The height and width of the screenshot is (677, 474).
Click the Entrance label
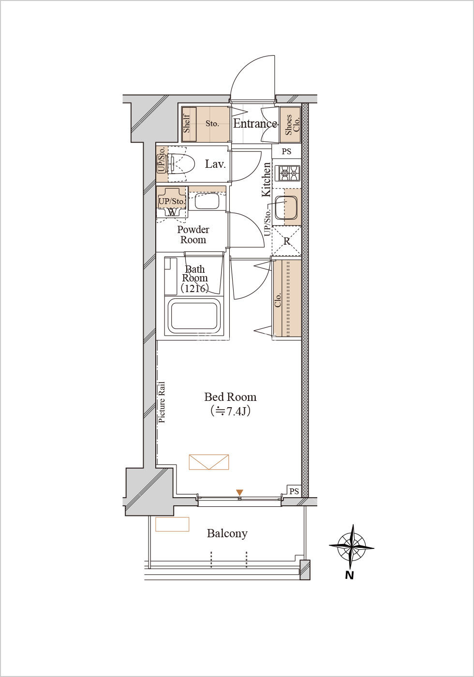pos(255,124)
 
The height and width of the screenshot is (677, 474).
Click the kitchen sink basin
pos(286,207)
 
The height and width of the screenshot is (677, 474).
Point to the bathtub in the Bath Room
pos(194,316)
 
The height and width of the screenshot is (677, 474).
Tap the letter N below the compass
pos(349,575)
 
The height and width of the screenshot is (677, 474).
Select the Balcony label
pos(227,533)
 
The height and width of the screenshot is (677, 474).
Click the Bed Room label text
pos(230,397)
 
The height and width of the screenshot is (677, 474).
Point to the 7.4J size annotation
pos(230,411)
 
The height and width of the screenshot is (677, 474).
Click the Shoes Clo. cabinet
pos(291,125)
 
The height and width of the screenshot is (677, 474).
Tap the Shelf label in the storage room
pos(187,123)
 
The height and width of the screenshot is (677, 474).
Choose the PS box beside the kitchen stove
pos(286,151)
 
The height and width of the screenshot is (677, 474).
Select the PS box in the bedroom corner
pos(294,491)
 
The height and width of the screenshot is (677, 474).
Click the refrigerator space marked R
pos(286,241)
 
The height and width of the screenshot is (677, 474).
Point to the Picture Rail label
pos(162,402)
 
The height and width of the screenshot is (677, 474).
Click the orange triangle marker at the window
pos(239,492)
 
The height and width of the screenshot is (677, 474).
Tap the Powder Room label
pos(193,235)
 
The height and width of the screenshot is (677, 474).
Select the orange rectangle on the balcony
pos(172,524)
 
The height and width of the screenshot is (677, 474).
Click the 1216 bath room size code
pos(194,288)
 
